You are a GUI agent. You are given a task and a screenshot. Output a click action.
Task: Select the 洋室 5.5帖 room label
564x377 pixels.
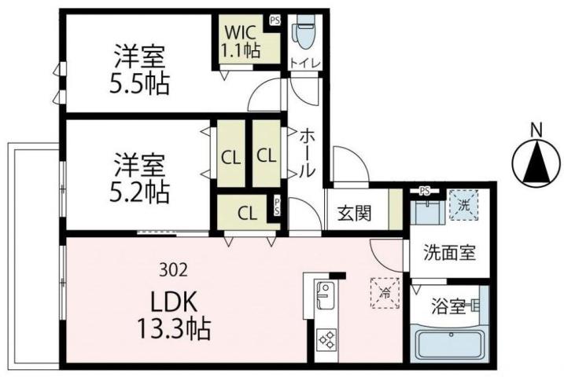pos(140,69)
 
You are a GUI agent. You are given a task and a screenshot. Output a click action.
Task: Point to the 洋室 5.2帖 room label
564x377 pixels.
pos(140,178)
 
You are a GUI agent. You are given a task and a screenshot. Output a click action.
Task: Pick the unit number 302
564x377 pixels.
pos(173,271)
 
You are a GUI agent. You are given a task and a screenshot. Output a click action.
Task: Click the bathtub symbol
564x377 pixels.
pos(446,345)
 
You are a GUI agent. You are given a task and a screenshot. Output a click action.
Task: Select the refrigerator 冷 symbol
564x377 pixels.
pos(385,291)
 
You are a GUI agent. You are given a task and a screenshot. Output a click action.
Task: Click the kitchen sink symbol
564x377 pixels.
pos(325,297)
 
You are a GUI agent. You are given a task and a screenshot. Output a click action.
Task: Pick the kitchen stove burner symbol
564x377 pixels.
pos(326,340)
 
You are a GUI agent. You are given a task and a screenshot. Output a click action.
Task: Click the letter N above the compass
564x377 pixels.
pos(537,130)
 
